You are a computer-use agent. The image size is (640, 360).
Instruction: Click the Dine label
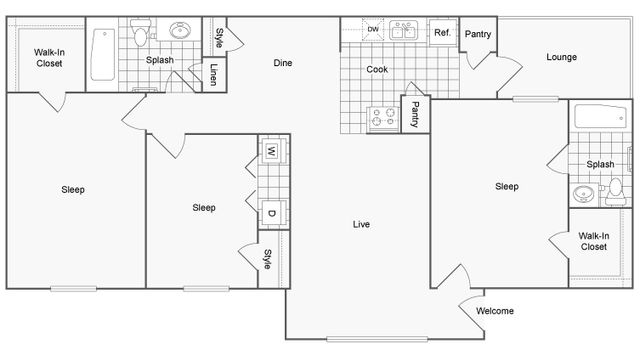tap(283, 64)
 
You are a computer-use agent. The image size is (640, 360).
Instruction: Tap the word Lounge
tap(561, 57)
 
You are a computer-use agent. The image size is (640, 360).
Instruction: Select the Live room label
tap(361, 224)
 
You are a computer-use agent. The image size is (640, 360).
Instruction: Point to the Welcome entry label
tap(495, 311)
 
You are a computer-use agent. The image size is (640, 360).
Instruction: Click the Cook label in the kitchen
tap(377, 69)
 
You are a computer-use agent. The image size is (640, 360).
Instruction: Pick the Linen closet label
tap(214, 76)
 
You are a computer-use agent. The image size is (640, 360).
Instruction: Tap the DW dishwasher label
tap(373, 30)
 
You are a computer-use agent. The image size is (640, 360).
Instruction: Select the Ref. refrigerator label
tap(441, 33)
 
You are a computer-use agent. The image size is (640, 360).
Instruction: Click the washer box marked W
tap(271, 152)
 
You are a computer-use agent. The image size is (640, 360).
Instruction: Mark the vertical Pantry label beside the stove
tap(414, 114)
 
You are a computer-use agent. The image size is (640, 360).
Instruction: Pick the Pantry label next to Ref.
tap(478, 34)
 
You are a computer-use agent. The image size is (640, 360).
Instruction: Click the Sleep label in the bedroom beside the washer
tap(204, 208)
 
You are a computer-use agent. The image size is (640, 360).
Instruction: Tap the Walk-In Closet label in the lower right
tap(593, 241)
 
